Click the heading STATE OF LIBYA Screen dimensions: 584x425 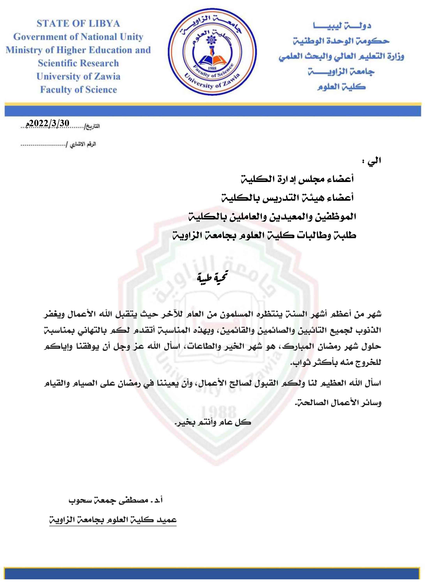pos(78,24)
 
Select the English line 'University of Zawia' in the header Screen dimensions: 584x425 pos(78,76)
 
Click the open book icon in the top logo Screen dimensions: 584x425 pos(212,60)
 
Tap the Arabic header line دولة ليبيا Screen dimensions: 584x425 pos(342,26)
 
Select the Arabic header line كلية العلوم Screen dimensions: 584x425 pos(341,87)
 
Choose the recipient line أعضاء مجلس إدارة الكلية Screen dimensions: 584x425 pos(297,179)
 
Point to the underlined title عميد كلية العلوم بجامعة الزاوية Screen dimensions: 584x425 pos(113,520)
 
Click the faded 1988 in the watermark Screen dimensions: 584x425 pos(218,412)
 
